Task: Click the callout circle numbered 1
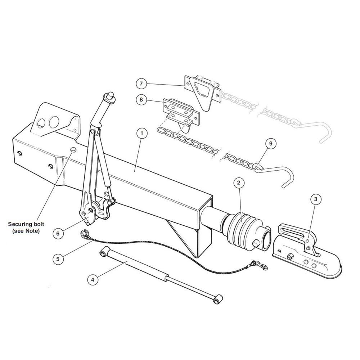[142, 133]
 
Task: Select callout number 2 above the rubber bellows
[238, 183]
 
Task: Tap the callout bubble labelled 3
[316, 199]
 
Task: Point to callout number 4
[93, 279]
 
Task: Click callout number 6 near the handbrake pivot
[58, 233]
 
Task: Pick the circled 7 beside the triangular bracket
[141, 84]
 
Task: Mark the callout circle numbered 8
[141, 99]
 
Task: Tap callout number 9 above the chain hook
[270, 144]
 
